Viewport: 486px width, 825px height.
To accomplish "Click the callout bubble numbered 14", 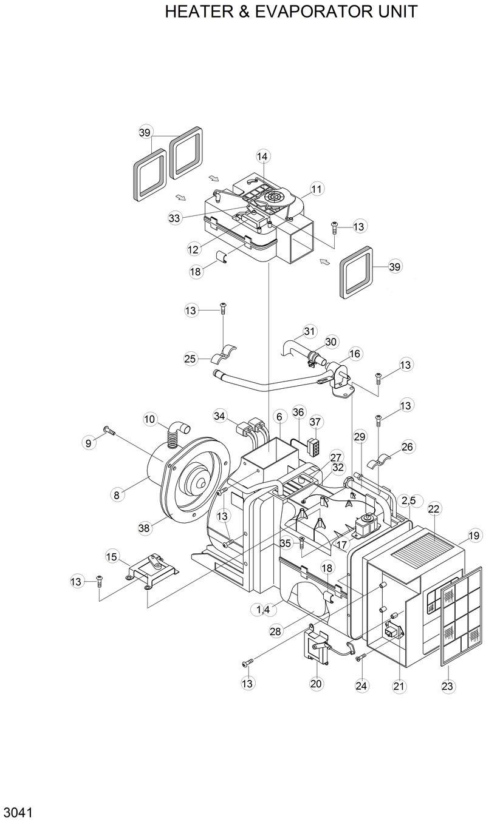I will pyautogui.click(x=262, y=156).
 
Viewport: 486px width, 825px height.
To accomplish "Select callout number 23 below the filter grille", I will pyautogui.click(x=447, y=686).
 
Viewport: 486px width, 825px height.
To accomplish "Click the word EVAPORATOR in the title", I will pyautogui.click(x=306, y=12).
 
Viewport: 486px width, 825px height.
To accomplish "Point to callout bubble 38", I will pyautogui.click(x=144, y=528).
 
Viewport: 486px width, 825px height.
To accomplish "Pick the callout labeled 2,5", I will pyautogui.click(x=409, y=500).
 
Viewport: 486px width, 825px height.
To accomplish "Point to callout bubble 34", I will pyautogui.click(x=220, y=416).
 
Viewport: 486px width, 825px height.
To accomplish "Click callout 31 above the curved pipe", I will pyautogui.click(x=310, y=331).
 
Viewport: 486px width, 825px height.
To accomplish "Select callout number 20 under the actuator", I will pyautogui.click(x=316, y=684).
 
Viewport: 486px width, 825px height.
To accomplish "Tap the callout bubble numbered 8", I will pyautogui.click(x=116, y=494).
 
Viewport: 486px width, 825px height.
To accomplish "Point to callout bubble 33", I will pyautogui.click(x=175, y=218).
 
